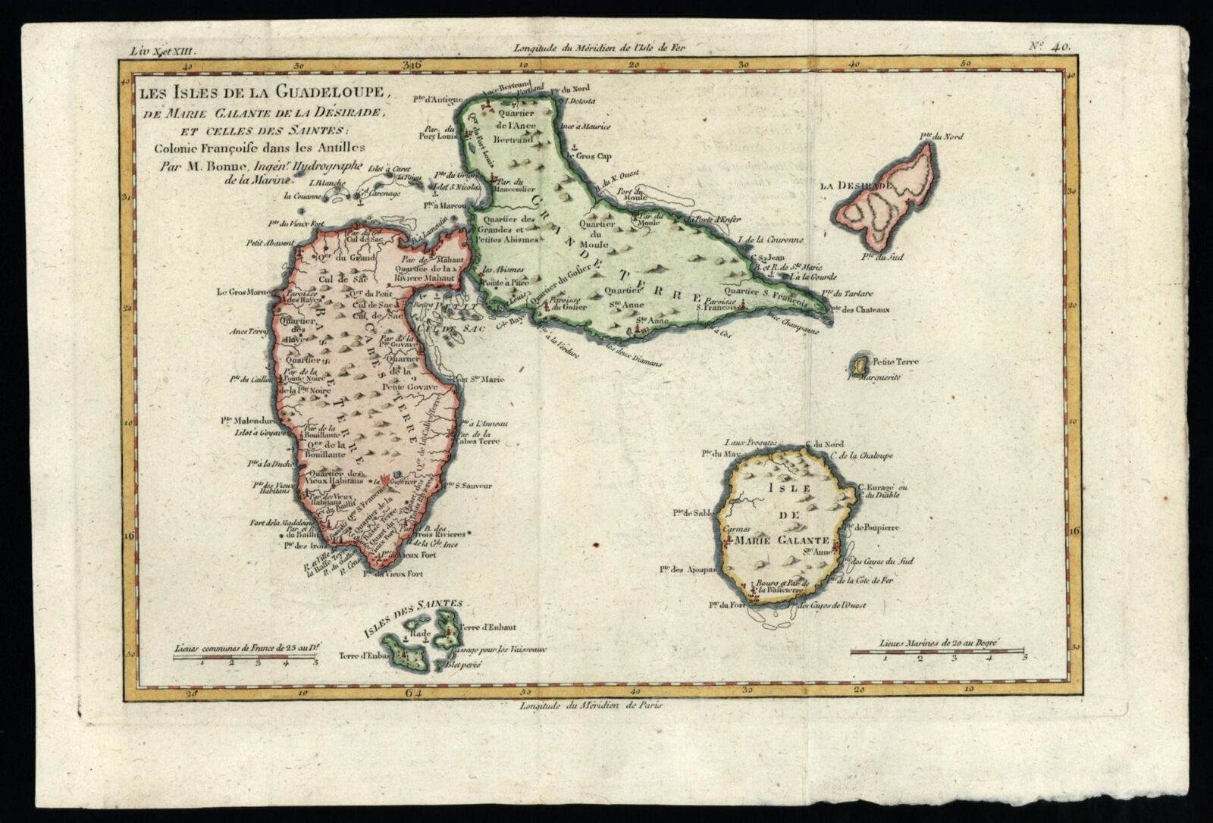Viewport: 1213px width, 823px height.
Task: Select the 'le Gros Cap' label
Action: (592, 156)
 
